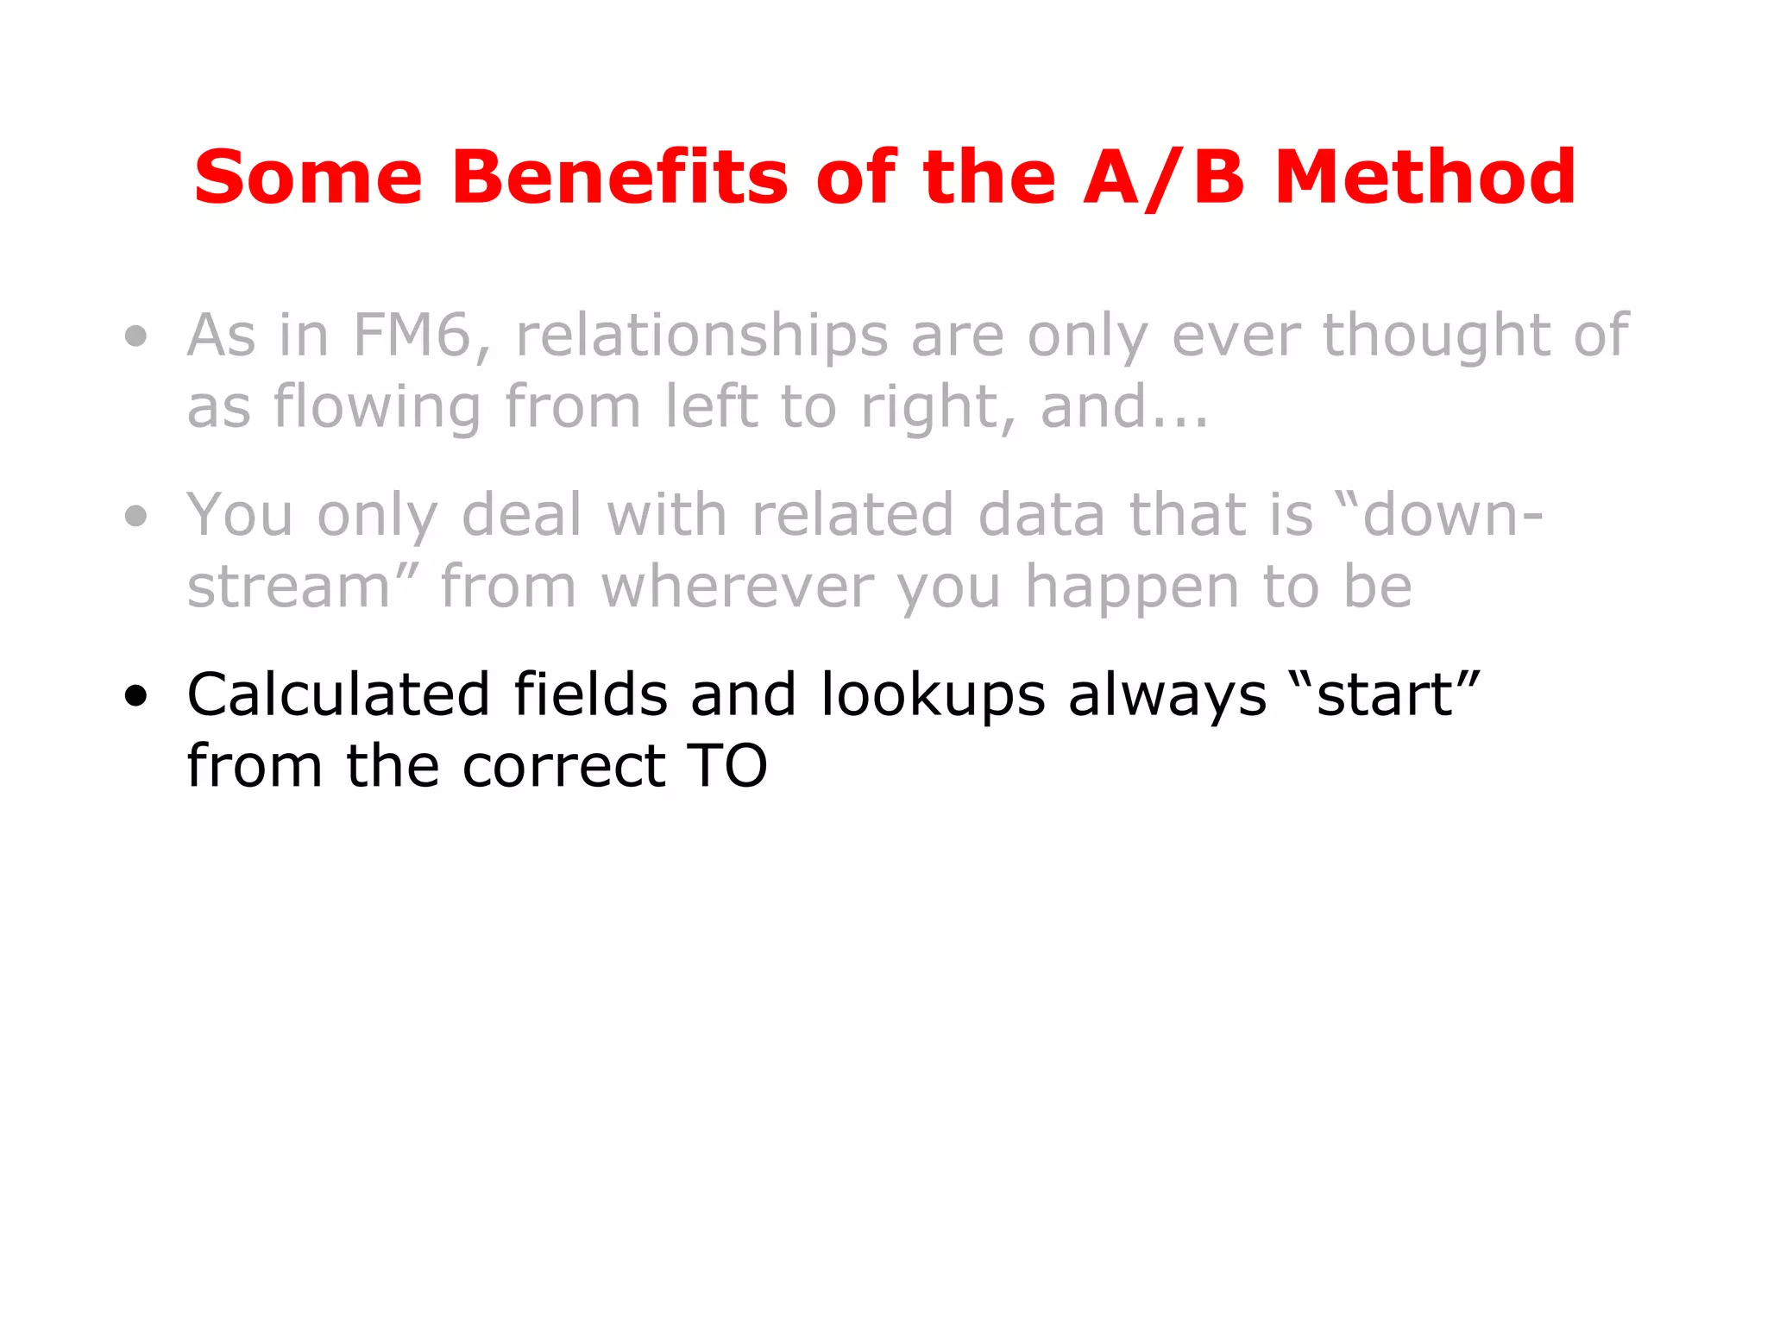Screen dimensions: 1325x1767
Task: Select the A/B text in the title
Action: (1163, 179)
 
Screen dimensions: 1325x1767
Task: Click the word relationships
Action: (701, 336)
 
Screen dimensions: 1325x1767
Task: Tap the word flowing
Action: (377, 408)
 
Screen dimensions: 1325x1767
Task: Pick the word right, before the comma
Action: (935, 408)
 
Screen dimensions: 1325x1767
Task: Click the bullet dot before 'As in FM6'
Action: (135, 336)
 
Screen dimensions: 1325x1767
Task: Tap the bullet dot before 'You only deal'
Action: (135, 516)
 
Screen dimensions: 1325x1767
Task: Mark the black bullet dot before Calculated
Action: (135, 695)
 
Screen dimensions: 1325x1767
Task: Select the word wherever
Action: (738, 587)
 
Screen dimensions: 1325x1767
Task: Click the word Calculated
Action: (339, 694)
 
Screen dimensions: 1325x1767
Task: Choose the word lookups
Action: (934, 696)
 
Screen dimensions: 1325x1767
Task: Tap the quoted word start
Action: (1384, 694)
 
